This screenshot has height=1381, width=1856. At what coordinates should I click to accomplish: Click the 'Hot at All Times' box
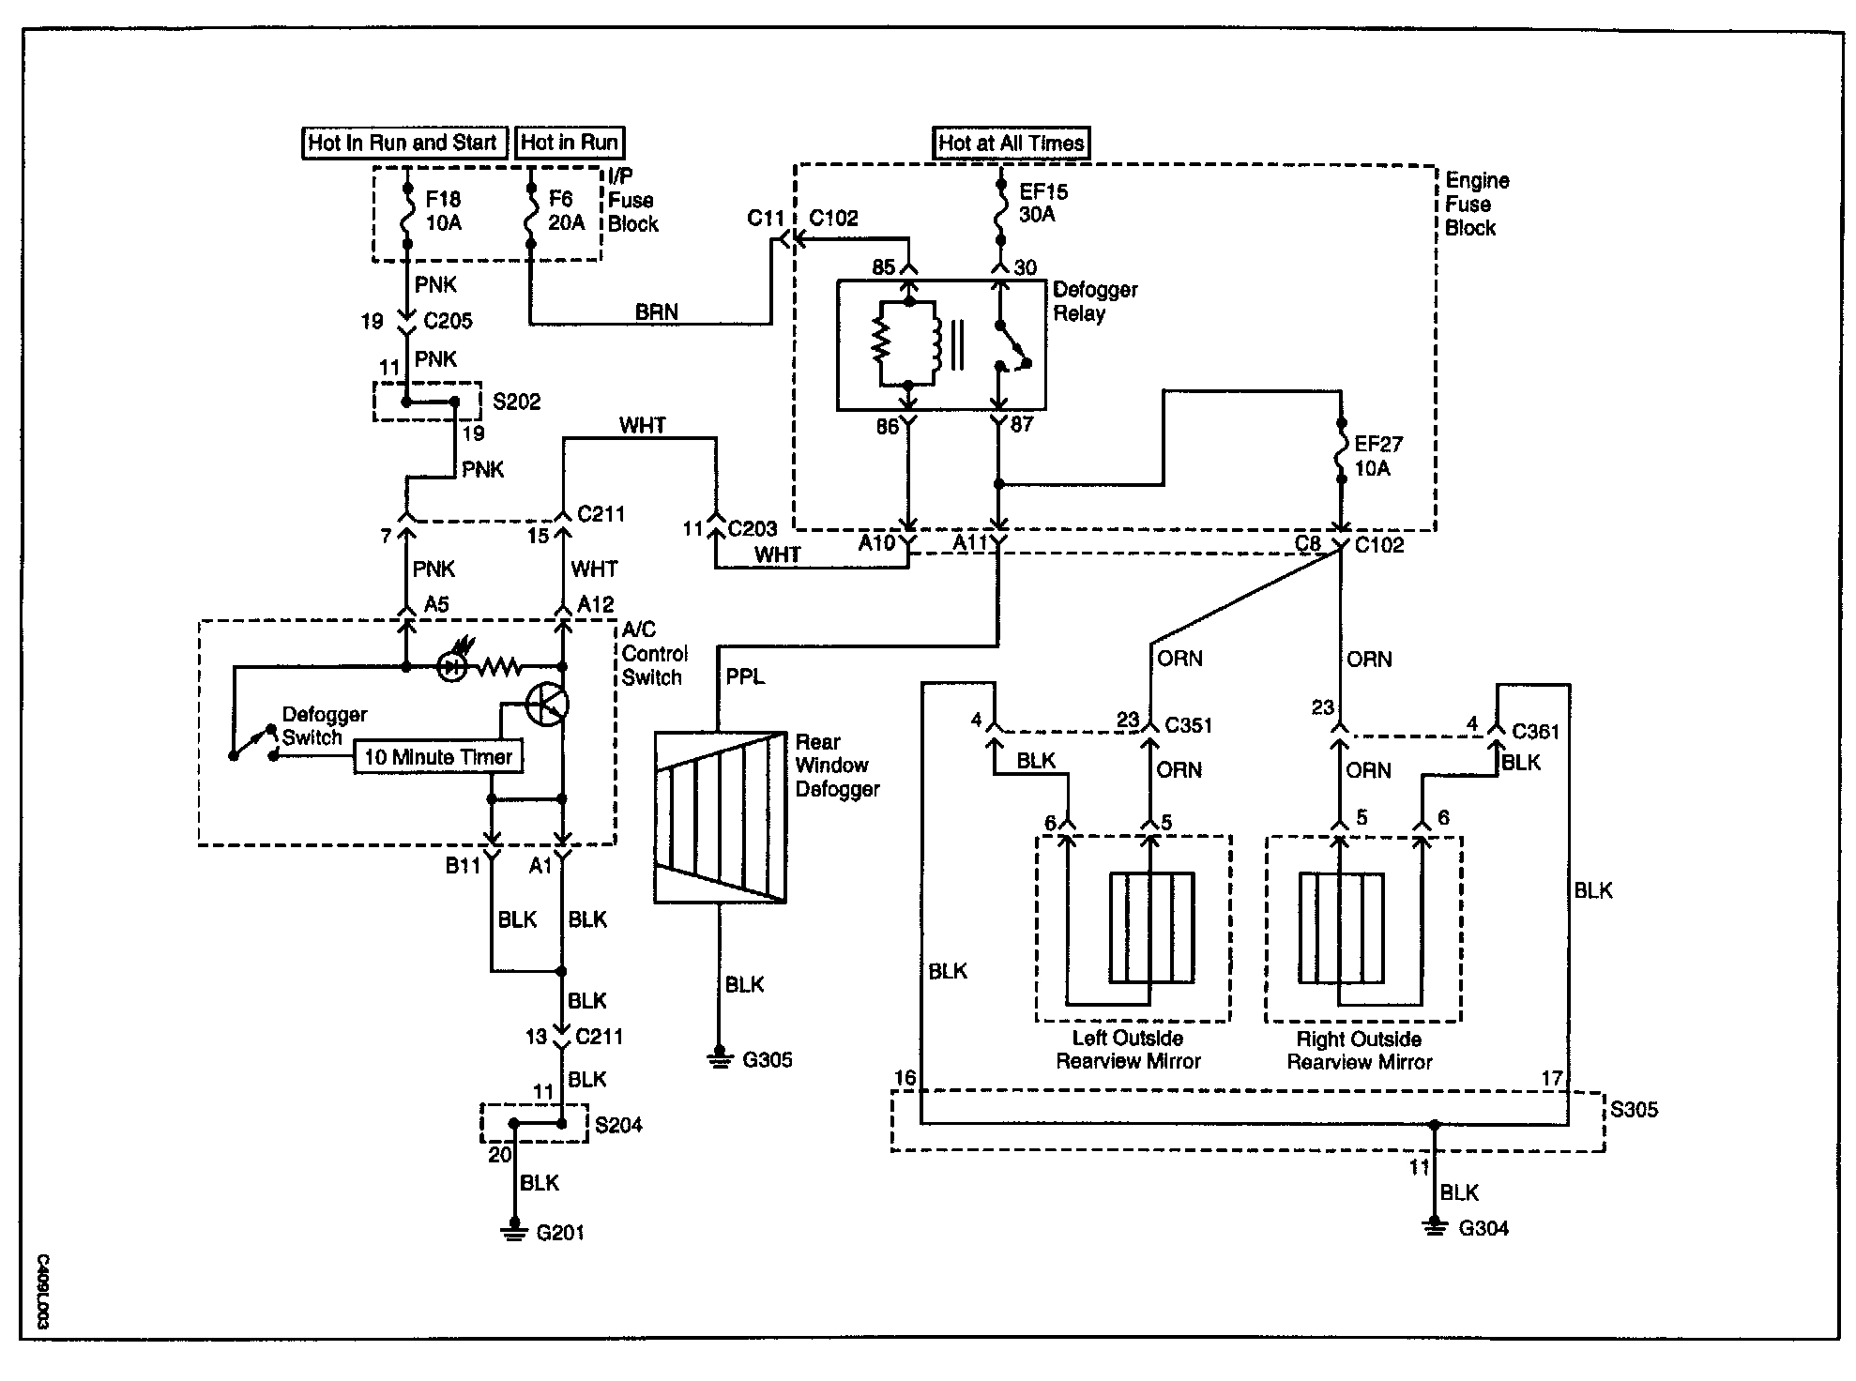tap(1012, 143)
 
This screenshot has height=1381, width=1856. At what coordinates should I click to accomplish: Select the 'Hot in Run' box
tap(570, 143)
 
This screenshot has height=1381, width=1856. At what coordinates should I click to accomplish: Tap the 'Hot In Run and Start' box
tap(403, 143)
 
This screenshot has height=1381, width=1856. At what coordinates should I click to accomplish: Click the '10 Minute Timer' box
tap(438, 757)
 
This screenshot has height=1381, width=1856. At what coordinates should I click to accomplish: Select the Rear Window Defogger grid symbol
tap(720, 817)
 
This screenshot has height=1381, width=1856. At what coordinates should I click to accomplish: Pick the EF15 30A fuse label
tap(1043, 203)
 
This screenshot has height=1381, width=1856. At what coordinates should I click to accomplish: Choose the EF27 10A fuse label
tap(1377, 455)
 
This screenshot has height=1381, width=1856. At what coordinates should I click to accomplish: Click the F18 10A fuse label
tap(443, 211)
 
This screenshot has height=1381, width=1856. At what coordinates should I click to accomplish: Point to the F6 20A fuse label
tap(566, 211)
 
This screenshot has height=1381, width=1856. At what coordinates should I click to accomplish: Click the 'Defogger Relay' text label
tap(1094, 301)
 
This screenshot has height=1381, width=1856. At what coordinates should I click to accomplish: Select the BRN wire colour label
tap(656, 311)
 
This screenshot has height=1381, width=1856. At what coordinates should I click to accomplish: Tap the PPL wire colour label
tap(745, 676)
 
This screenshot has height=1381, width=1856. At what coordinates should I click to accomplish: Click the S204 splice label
tap(618, 1124)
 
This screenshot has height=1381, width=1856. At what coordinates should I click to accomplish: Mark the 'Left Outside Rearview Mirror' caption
tap(1128, 1050)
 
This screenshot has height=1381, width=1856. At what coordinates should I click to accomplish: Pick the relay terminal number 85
tap(884, 267)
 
